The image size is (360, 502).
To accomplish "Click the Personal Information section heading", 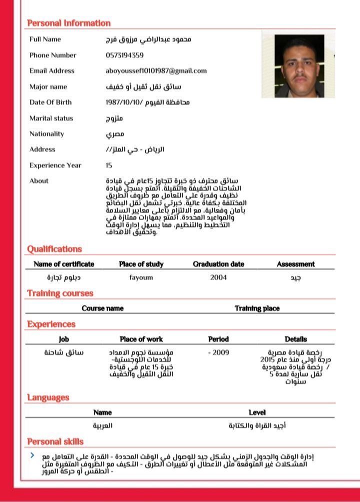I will [x=68, y=23].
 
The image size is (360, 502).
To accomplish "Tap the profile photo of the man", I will [x=292, y=66].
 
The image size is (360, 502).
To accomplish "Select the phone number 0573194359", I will [x=124, y=55].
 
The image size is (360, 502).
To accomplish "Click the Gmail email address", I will [x=156, y=71].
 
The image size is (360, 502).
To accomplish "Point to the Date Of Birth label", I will [x=50, y=102].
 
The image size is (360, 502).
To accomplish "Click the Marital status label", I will [x=51, y=118].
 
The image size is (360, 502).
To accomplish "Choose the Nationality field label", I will [x=46, y=134].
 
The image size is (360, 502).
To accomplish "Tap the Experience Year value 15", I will [x=109, y=165].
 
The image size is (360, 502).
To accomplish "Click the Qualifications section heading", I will [x=54, y=249].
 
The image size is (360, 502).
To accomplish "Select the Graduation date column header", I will [x=218, y=264].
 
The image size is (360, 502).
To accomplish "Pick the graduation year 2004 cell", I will [x=218, y=277].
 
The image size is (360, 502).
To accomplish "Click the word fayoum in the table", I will [x=141, y=277].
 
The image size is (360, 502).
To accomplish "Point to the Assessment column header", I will [x=295, y=264].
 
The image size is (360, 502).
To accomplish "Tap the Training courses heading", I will [x=60, y=293].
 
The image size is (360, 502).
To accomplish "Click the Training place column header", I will [x=257, y=308].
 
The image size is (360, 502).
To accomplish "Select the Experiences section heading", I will [x=51, y=324].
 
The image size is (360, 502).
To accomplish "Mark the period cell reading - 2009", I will [x=218, y=352].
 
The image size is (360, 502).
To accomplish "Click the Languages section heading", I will [x=48, y=397].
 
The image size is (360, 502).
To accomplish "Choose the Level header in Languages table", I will [x=257, y=412].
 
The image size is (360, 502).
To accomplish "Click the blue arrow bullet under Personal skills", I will [x=32, y=455].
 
